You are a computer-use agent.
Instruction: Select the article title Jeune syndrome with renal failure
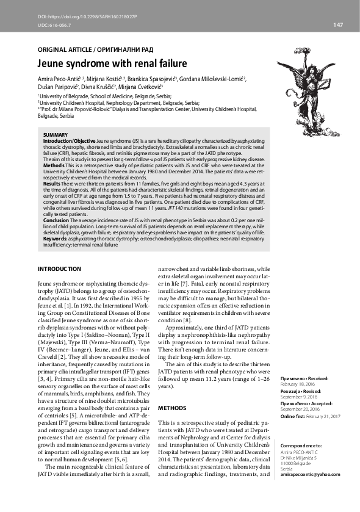tap(112, 63)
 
